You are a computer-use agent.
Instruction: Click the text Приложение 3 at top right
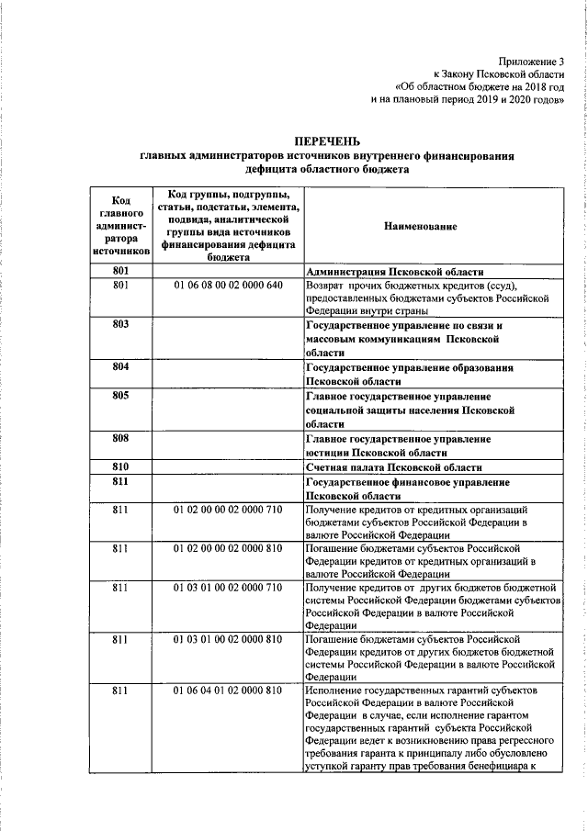point(534,59)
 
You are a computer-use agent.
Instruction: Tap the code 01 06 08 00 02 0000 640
point(229,286)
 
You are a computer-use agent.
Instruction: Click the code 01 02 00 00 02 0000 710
point(229,509)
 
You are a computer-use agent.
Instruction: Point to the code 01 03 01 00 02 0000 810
point(229,637)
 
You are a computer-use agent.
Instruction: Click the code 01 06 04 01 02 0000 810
point(229,689)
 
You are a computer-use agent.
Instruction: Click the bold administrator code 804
point(119,366)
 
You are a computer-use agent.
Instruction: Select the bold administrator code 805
point(119,395)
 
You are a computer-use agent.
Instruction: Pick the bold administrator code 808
point(119,438)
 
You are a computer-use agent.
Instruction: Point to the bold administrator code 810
point(119,466)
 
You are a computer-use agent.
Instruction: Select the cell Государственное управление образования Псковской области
point(409,374)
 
